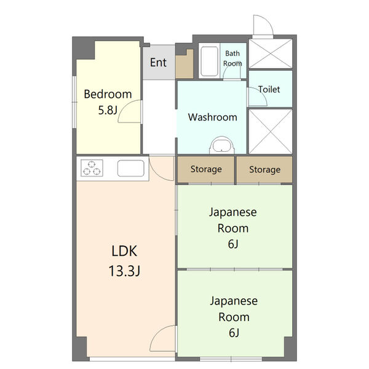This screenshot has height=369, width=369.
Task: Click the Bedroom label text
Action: [108, 94]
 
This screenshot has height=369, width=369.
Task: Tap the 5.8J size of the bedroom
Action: [108, 110]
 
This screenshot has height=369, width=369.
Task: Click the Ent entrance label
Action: [158, 62]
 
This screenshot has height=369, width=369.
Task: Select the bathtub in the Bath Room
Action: [209, 61]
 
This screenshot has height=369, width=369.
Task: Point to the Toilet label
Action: [269, 89]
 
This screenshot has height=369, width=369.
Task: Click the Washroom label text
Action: [213, 117]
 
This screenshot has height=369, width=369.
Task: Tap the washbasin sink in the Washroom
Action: [221, 145]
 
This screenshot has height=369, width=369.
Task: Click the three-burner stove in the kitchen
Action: [92, 168]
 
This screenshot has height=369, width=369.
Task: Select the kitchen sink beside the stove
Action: [130, 168]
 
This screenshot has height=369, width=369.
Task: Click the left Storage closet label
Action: [206, 169]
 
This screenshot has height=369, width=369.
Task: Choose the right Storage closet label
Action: [264, 170]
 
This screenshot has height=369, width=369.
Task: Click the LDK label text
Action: [124, 251]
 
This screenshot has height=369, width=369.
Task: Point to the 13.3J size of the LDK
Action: [124, 271]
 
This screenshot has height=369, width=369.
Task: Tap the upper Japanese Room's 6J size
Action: [233, 244]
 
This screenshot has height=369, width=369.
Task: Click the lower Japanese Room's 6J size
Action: [234, 333]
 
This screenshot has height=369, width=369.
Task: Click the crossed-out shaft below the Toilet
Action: [271, 132]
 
